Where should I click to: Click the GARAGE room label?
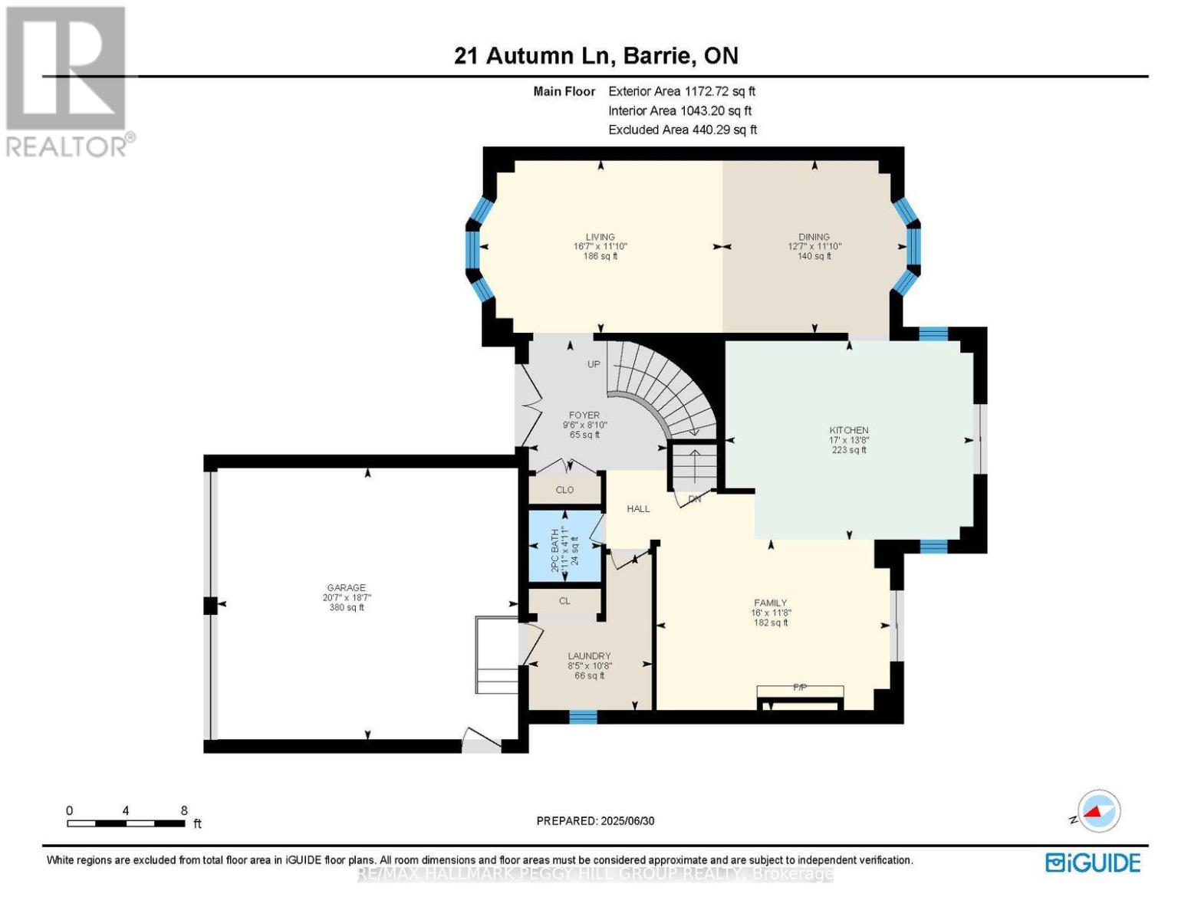point(347,587)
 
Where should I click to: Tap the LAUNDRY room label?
point(589,655)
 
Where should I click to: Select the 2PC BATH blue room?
point(565,545)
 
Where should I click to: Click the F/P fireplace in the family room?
point(800,692)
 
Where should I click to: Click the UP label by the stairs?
point(594,364)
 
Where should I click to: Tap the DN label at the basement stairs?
point(695,499)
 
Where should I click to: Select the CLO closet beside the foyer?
point(564,490)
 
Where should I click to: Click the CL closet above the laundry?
point(564,601)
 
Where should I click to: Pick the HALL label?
point(638,508)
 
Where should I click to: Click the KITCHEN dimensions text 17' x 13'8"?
point(849,440)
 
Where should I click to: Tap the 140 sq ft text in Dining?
point(814,256)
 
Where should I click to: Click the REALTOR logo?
point(67,80)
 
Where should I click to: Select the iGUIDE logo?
point(1093,863)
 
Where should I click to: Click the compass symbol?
point(1098,811)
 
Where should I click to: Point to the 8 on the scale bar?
point(184,810)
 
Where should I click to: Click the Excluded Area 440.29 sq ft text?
point(683,130)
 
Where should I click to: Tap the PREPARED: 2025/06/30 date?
point(595,820)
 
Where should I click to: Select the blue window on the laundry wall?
point(583,717)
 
